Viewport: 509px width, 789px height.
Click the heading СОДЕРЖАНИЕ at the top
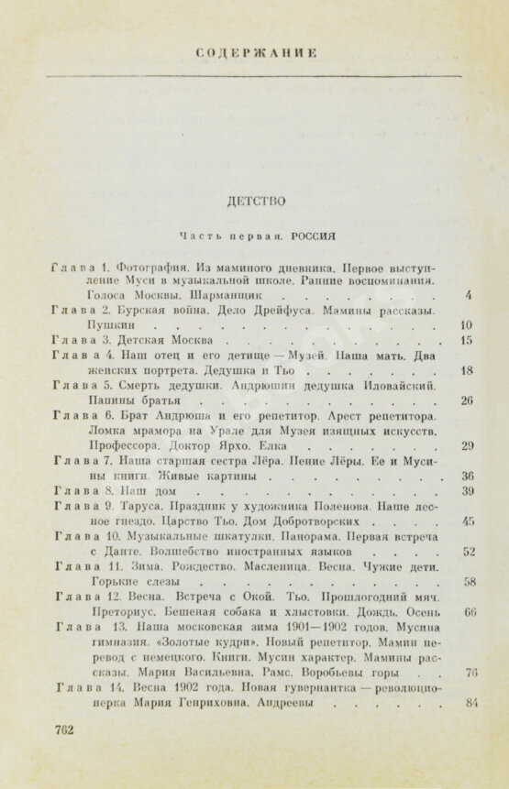pos(255,55)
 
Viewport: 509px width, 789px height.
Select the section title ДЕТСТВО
pos(254,199)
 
